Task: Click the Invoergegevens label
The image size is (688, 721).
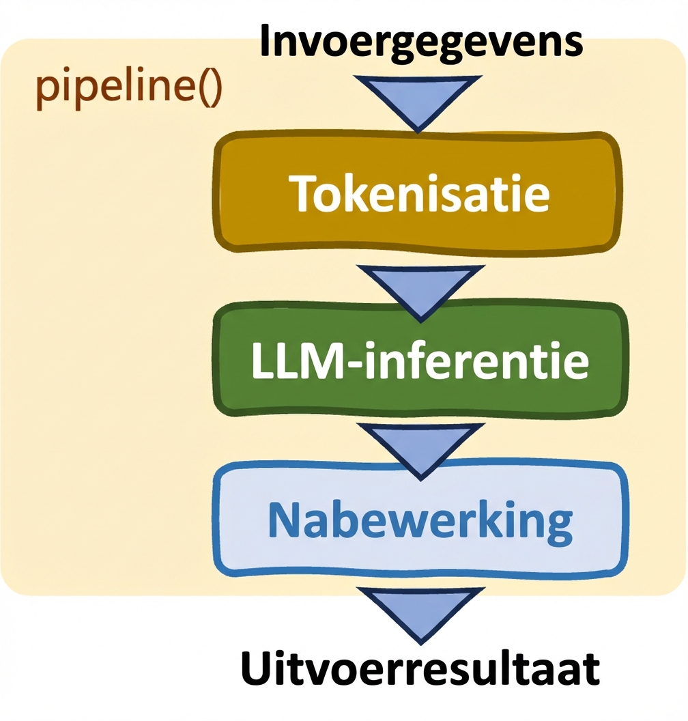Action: click(x=421, y=42)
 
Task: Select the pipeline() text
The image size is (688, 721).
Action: click(x=128, y=89)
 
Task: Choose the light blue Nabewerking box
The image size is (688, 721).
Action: click(x=418, y=520)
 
